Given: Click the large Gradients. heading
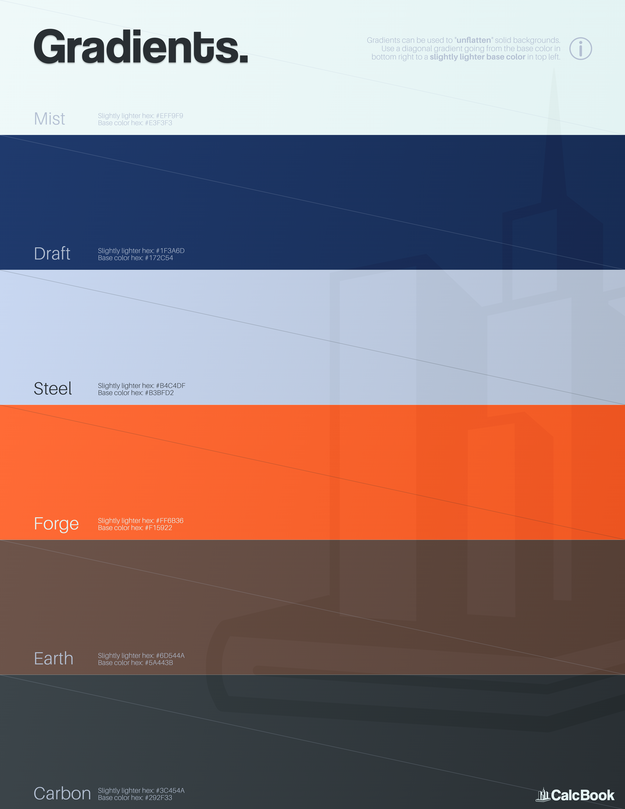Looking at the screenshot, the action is click(141, 47).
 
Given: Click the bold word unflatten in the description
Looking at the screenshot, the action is click(474, 40).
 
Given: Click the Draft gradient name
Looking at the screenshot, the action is click(52, 254).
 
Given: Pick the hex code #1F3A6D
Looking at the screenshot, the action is click(170, 251).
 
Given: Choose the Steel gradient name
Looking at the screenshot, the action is click(53, 389).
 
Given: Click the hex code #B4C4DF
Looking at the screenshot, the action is click(171, 386).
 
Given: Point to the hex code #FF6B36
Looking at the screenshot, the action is click(170, 520).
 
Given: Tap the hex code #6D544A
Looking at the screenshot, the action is click(170, 656).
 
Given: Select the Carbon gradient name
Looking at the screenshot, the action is click(62, 793).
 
